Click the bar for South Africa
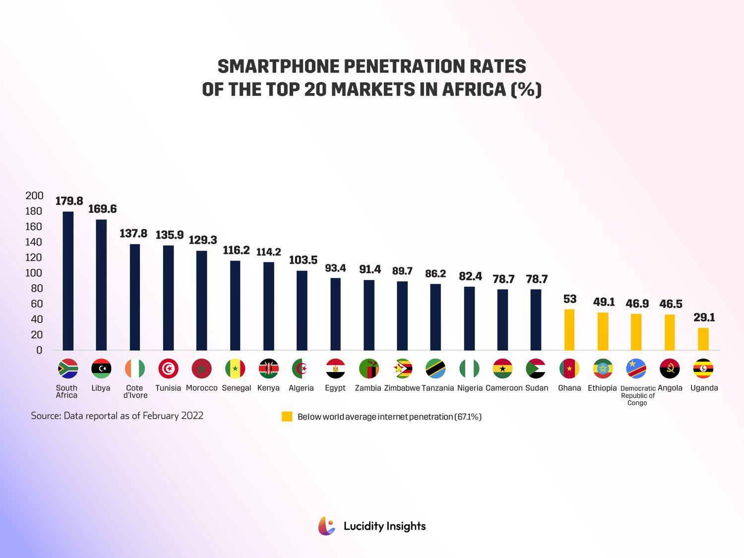(68, 281)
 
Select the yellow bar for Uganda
(703, 339)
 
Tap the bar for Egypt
(335, 314)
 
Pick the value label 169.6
(102, 209)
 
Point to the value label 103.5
(303, 260)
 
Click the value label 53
(570, 299)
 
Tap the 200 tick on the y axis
(34, 195)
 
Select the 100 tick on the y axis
(34, 273)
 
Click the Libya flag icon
(101, 369)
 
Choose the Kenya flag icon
(268, 369)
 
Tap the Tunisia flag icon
(168, 369)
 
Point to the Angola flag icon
(670, 369)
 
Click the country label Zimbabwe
(402, 388)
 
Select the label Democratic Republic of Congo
(638, 395)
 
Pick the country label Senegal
(236, 388)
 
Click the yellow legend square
(287, 417)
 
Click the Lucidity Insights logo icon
(326, 526)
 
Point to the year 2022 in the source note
(192, 416)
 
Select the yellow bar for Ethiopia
(603, 331)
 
